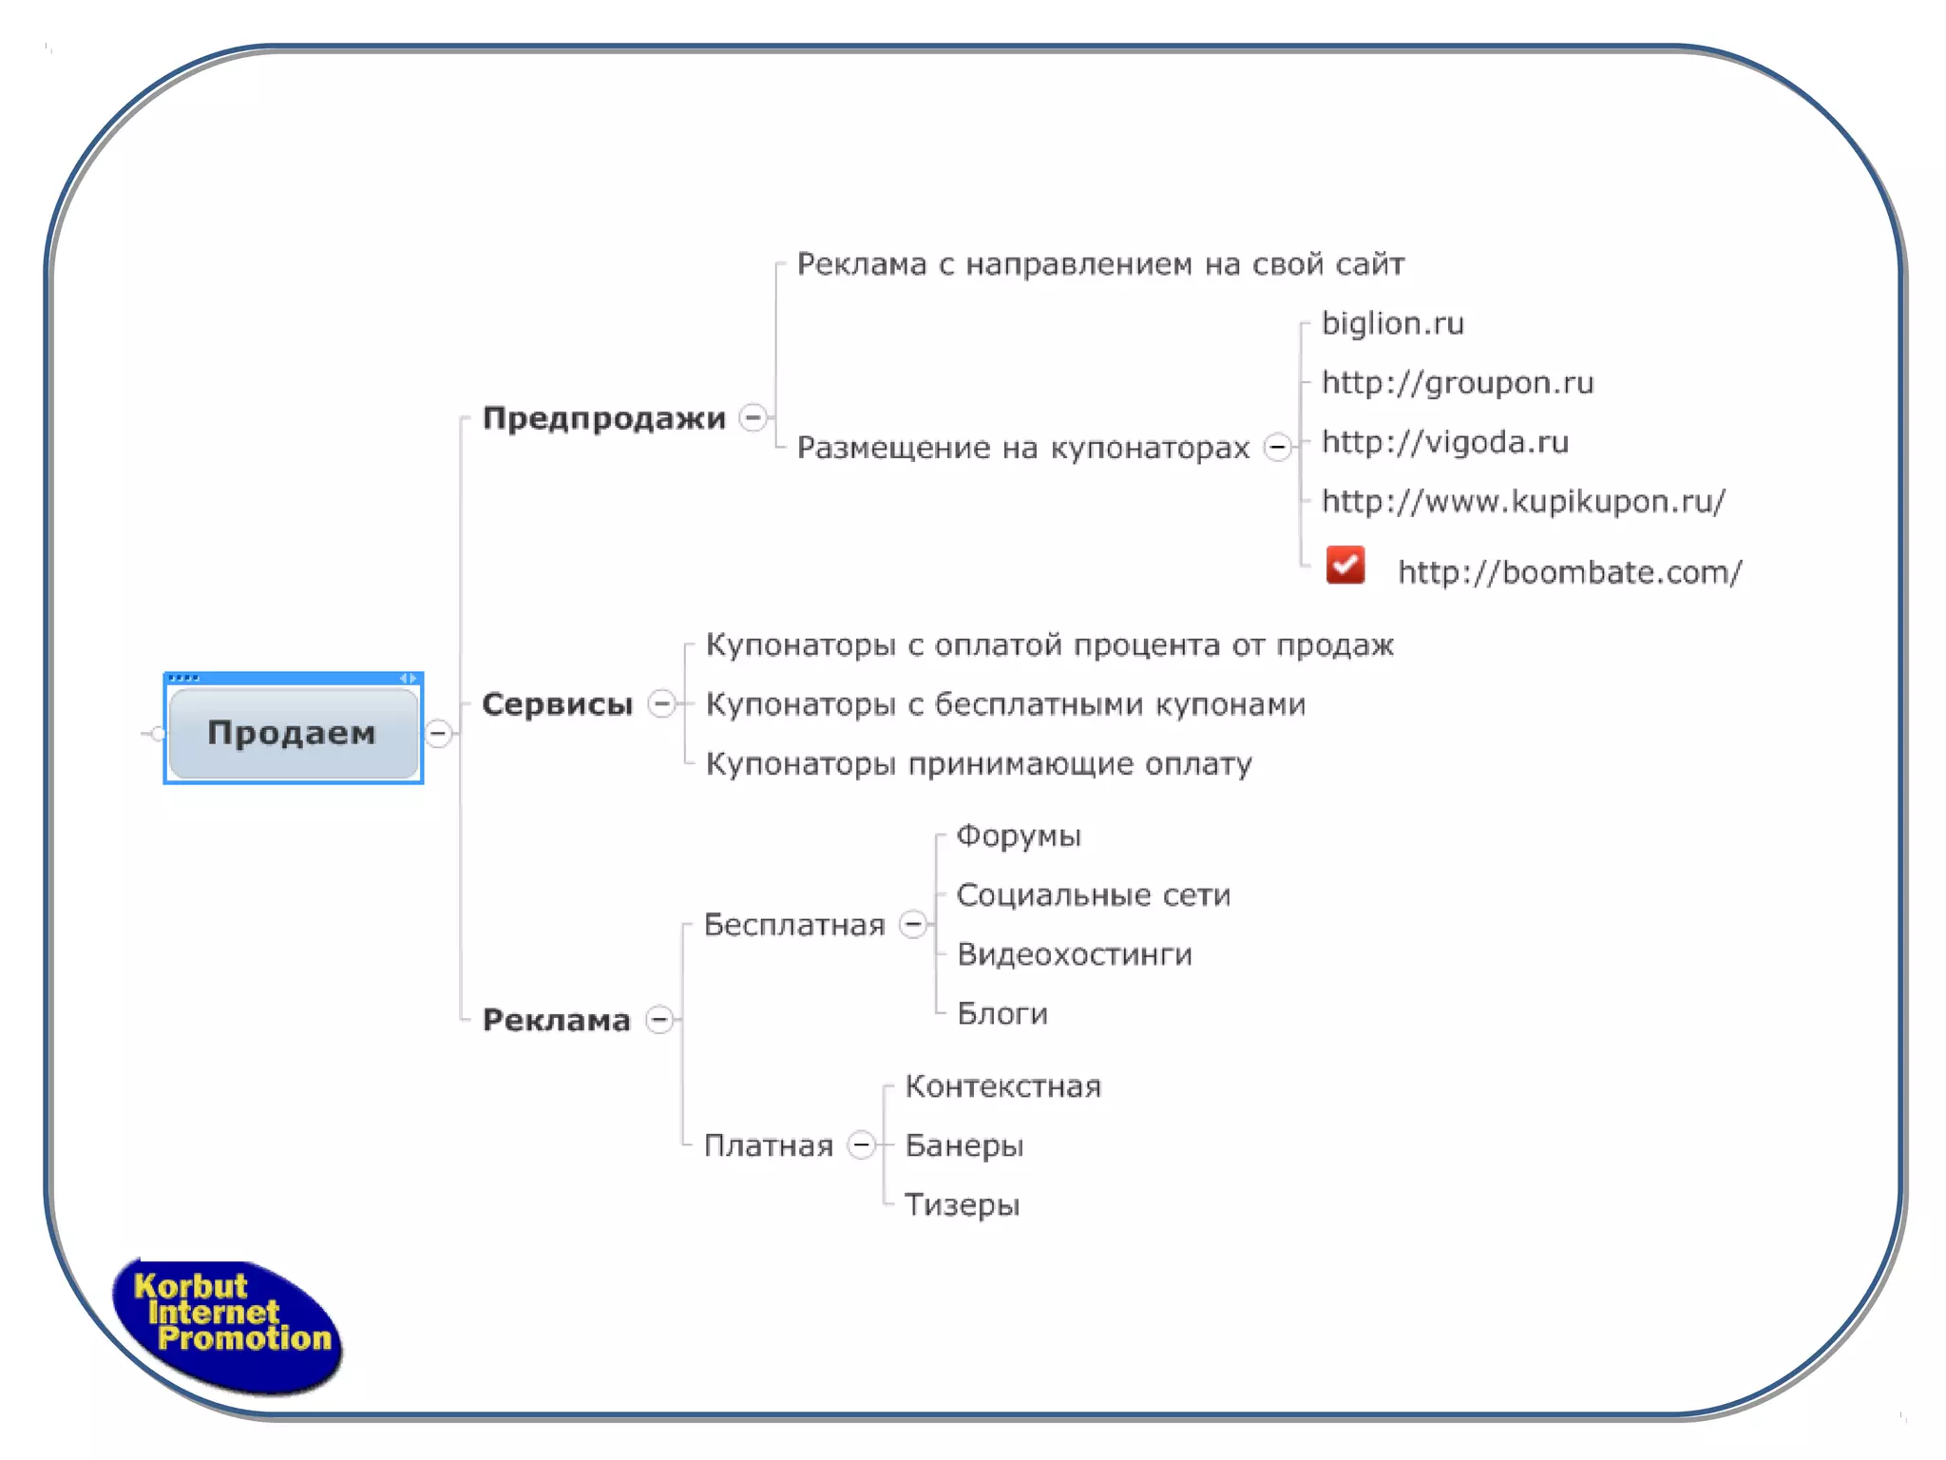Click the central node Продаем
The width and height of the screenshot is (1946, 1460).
coord(293,732)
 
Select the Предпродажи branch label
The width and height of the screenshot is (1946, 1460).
coord(603,418)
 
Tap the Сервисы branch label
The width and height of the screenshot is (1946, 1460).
coord(557,704)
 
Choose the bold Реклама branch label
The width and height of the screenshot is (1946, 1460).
coord(556,1020)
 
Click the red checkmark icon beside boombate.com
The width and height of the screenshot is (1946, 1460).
coord(1345,566)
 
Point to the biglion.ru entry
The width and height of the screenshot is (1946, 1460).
coord(1392,324)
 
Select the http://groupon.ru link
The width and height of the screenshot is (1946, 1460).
coord(1457,383)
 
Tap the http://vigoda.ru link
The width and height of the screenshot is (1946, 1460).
coord(1444,442)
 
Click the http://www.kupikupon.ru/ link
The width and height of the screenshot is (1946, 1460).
coord(1523,501)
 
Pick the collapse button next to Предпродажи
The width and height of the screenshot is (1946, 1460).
coord(754,417)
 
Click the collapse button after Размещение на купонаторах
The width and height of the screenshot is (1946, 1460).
coord(1278,447)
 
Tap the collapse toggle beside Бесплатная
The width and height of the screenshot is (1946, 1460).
coord(913,924)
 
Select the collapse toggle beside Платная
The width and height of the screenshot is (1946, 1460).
coord(861,1144)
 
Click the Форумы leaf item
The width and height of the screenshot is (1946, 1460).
coord(1018,836)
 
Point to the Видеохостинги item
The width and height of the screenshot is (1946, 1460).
coord(1074,954)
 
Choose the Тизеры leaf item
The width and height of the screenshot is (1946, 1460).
coord(962,1204)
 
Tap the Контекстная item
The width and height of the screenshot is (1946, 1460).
coord(1002,1085)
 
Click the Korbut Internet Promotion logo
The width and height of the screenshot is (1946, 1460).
coord(228,1325)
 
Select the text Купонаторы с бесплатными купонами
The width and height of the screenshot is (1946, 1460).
coord(1005,704)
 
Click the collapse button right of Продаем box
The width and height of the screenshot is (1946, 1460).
coord(438,733)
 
